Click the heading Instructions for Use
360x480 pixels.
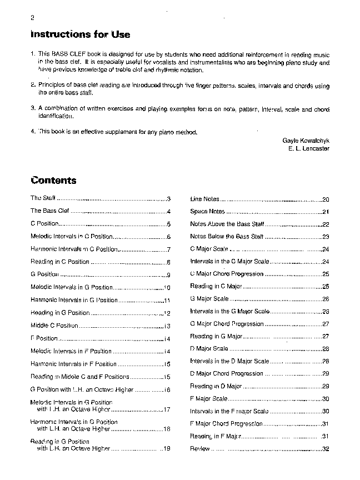(x=81, y=34)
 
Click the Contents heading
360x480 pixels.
(x=54, y=181)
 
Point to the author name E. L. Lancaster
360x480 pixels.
(x=308, y=149)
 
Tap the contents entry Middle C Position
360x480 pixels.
(x=54, y=326)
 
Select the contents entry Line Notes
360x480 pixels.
(x=204, y=199)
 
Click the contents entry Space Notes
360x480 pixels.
(x=207, y=212)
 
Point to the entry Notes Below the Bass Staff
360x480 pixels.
(x=227, y=237)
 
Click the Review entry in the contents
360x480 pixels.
(x=199, y=448)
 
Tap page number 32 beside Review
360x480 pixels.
(x=326, y=449)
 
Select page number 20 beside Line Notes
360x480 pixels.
(x=326, y=199)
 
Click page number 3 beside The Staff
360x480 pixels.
(x=168, y=198)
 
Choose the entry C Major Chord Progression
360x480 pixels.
(x=227, y=274)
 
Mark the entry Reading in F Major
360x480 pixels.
(x=216, y=436)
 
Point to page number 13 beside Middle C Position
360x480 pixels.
(x=167, y=326)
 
